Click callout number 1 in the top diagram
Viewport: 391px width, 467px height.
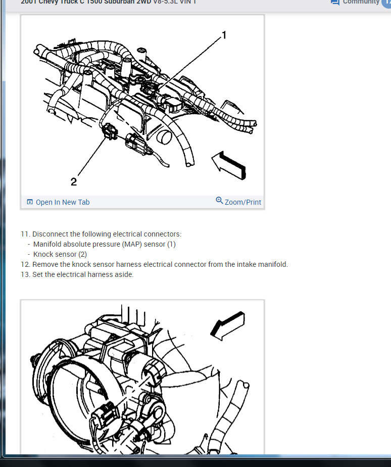coord(224,35)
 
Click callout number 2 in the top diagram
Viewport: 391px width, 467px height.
coord(74,182)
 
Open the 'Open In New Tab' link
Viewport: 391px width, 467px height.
coord(62,202)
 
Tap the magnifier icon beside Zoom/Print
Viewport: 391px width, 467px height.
coord(219,201)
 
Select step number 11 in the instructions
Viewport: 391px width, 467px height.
coord(25,234)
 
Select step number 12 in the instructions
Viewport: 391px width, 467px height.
coord(25,264)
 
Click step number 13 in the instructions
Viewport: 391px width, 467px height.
coord(25,274)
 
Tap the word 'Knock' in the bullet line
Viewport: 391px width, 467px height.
coord(44,254)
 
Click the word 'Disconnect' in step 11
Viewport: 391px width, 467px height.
coord(51,234)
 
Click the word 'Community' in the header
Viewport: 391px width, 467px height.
coord(361,2)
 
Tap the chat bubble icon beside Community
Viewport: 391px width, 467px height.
coord(335,2)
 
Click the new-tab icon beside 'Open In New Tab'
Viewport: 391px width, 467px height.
coord(30,202)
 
